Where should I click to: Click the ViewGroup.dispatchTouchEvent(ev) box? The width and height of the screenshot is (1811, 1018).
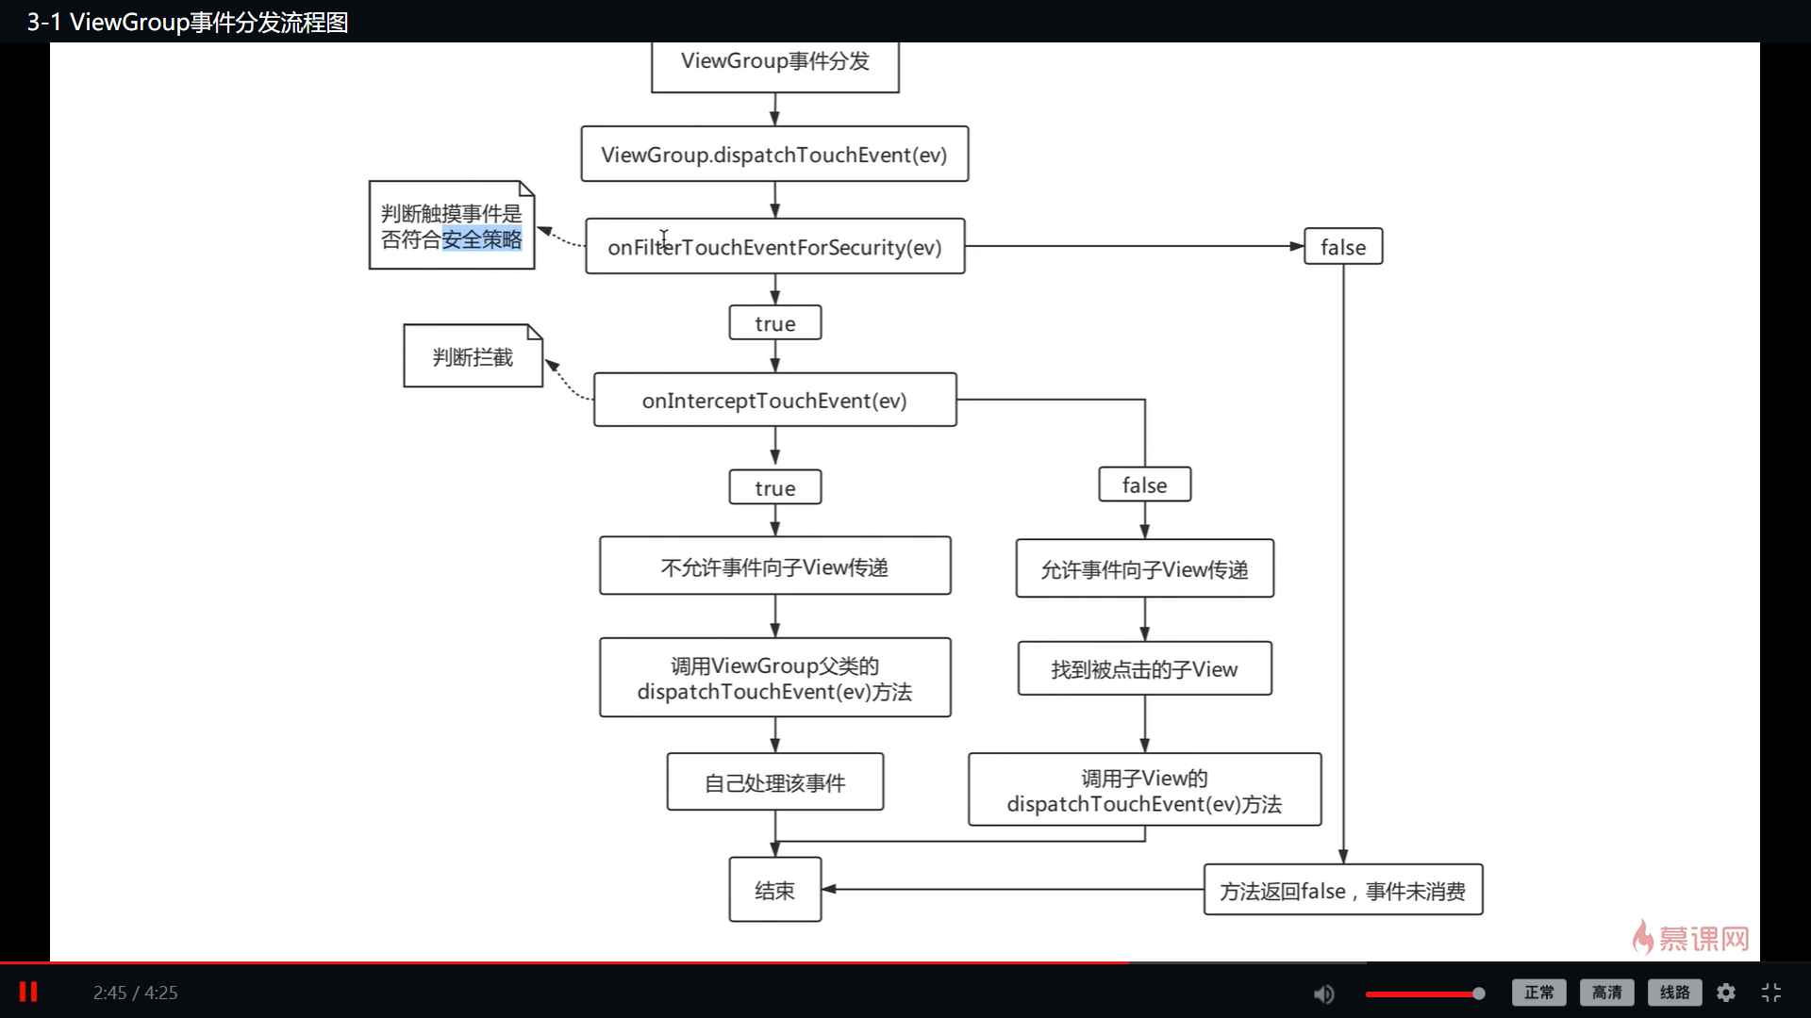[x=774, y=155]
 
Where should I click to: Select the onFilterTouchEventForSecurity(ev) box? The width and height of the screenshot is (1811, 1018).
[x=774, y=247]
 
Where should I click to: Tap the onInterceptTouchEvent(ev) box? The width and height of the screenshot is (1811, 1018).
[x=774, y=401]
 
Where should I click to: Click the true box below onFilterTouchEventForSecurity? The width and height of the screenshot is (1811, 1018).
[x=774, y=323]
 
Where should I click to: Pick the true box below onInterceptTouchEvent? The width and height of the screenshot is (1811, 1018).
[x=774, y=488]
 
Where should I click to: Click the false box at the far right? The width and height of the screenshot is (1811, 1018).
[x=1342, y=247]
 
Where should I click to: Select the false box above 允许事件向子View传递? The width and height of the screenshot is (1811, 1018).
[x=1144, y=485]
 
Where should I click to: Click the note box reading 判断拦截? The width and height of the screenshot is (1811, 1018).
[x=473, y=357]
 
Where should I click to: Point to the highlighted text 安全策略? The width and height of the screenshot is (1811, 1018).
[x=481, y=239]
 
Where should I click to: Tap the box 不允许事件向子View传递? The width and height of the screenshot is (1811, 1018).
[x=774, y=566]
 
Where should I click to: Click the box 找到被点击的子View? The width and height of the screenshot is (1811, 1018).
[x=1144, y=669]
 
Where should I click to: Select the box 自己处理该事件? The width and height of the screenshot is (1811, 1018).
[x=774, y=782]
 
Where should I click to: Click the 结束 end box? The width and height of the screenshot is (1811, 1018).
[x=774, y=890]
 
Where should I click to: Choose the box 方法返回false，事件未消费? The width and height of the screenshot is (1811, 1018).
[x=1342, y=891]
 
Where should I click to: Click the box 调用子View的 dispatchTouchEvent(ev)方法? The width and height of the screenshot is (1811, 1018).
[x=1144, y=790]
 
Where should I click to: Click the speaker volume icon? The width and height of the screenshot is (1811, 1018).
[x=1324, y=993]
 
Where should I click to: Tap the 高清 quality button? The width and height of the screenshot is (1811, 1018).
[x=1606, y=993]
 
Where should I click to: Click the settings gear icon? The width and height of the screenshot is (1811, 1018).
[x=1726, y=993]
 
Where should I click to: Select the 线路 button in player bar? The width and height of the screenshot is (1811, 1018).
[x=1674, y=993]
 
